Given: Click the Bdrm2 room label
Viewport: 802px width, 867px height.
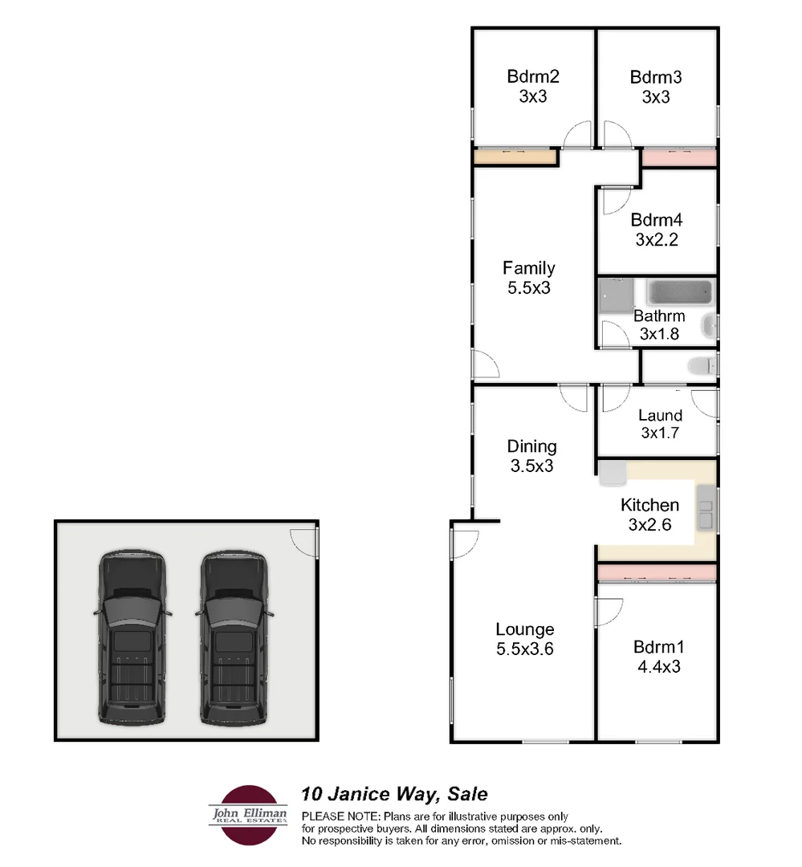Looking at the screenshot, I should click(x=532, y=78).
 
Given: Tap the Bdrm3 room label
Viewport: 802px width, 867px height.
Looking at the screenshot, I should click(x=656, y=78).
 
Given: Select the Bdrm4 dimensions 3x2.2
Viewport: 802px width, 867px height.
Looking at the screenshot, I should click(x=656, y=239).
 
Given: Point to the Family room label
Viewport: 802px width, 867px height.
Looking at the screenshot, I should click(x=528, y=268).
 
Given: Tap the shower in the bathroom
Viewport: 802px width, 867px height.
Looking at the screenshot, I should click(x=616, y=295).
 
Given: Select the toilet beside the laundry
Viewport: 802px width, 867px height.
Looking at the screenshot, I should click(x=701, y=365).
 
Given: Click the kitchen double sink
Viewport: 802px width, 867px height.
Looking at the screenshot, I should click(x=706, y=509).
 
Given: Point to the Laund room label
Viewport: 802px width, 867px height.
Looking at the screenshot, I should click(x=660, y=415).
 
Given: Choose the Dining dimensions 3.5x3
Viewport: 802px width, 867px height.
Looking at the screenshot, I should click(x=531, y=465).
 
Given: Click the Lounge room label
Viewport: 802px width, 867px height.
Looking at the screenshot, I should click(x=524, y=629).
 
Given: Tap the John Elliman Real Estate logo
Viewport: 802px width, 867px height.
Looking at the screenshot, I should click(x=248, y=815).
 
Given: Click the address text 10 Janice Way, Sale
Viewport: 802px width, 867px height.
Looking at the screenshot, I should click(x=393, y=795).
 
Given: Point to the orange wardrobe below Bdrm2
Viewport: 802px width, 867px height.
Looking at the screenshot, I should click(x=515, y=157).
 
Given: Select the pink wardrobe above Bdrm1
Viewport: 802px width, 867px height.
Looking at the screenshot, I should click(x=657, y=572).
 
